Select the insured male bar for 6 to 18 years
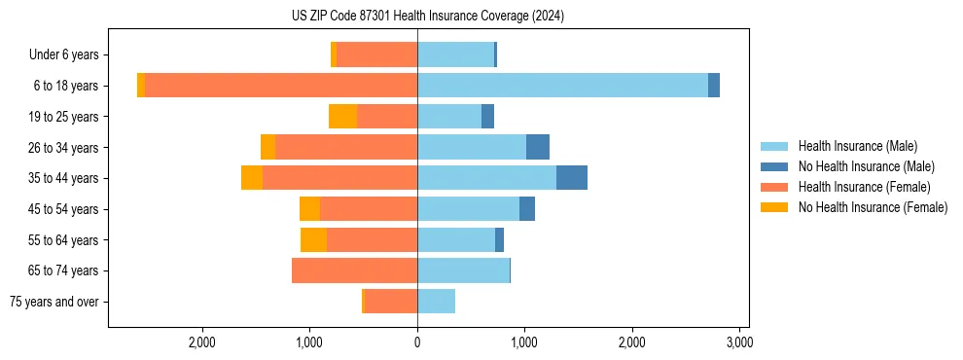(x=562, y=86)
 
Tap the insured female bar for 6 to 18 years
(x=281, y=86)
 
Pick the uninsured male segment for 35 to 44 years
(x=572, y=178)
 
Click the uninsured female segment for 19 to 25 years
(x=342, y=117)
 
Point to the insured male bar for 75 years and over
(x=436, y=302)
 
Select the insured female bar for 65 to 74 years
(x=354, y=270)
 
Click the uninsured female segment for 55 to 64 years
(x=313, y=240)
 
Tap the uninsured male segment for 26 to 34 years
(x=538, y=147)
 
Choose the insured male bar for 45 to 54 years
(x=468, y=209)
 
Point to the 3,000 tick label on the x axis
(x=739, y=342)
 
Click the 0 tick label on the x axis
(x=417, y=342)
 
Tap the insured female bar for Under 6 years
(x=376, y=54)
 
